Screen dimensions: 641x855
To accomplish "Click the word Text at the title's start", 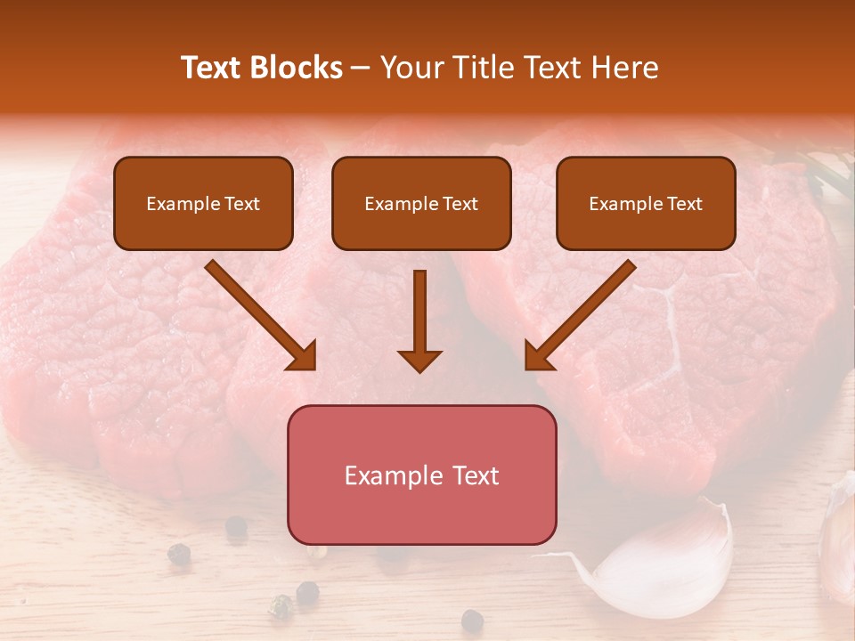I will tap(210, 68).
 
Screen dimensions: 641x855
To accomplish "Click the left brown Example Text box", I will tap(203, 204).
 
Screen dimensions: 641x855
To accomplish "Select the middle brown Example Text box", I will tap(421, 204).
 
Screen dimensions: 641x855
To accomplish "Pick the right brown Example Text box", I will tap(646, 204).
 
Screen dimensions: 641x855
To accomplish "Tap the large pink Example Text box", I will tap(421, 475).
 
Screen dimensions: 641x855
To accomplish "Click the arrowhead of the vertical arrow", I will tap(419, 360).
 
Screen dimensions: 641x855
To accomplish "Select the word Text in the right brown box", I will tap(684, 204).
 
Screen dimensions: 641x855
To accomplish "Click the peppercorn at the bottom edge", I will tap(472, 621).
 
